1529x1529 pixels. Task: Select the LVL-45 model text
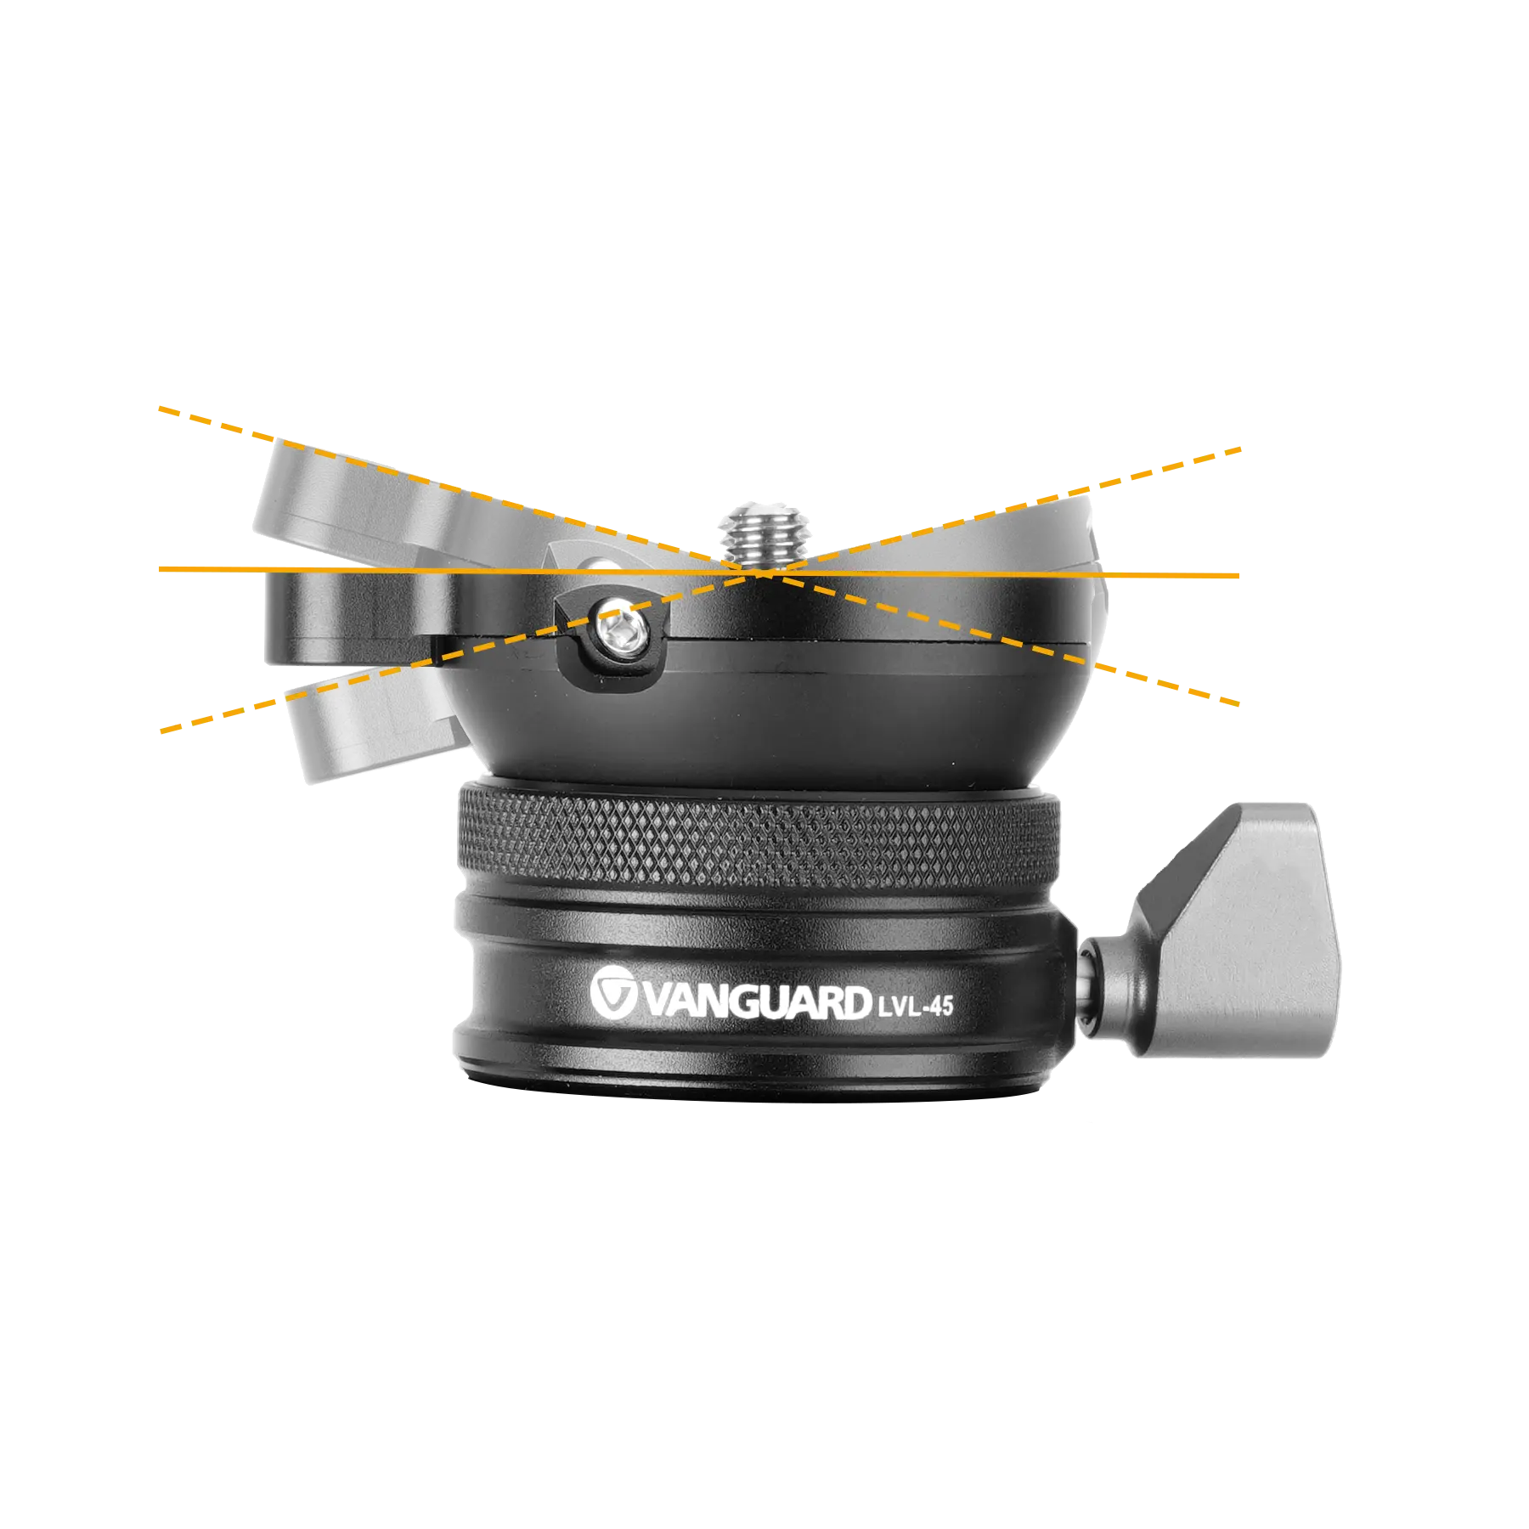click(914, 1006)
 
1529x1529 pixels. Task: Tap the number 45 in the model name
click(940, 1007)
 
